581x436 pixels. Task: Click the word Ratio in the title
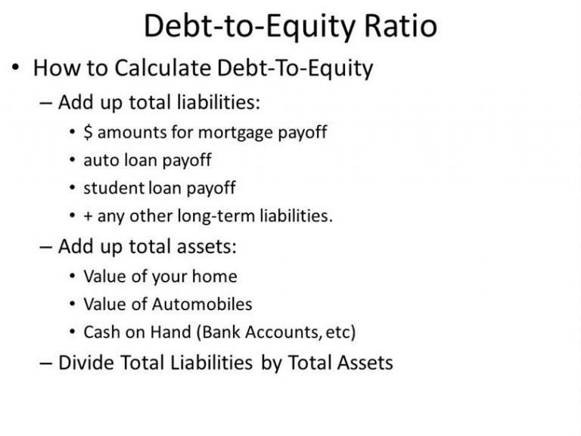click(x=401, y=26)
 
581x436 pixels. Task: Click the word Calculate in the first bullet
click(x=163, y=68)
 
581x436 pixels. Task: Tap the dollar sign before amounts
click(x=88, y=132)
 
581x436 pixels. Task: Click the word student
click(x=113, y=188)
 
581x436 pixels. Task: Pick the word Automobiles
click(x=202, y=304)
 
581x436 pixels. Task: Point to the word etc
click(x=338, y=332)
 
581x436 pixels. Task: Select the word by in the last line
click(x=272, y=363)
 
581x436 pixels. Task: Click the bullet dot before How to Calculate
click(x=15, y=68)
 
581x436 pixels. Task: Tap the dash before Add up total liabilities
click(x=45, y=104)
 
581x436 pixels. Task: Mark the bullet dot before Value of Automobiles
click(x=73, y=304)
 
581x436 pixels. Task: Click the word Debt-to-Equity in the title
click(x=250, y=26)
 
